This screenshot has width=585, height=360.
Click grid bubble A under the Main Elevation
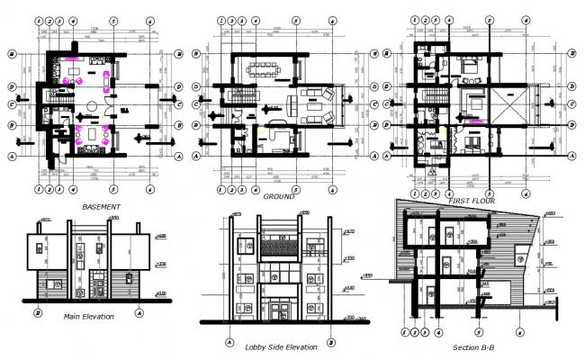coord(139,313)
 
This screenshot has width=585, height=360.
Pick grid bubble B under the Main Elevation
coord(38,313)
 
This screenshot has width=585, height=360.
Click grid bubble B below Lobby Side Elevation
coord(332,343)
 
